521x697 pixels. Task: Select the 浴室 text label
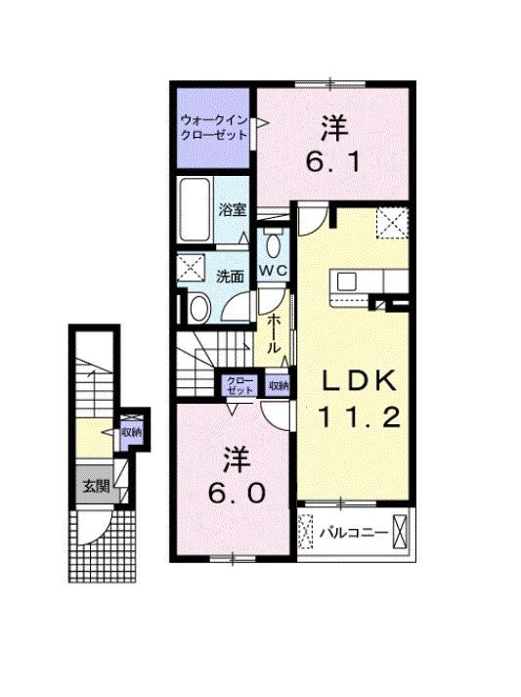232,210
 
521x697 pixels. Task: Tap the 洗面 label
231,277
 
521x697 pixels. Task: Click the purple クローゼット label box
239,385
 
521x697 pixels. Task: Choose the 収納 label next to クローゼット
279,385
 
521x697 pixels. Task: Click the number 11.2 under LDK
358,419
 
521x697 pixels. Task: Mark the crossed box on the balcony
399,530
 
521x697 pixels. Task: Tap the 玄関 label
94,486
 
